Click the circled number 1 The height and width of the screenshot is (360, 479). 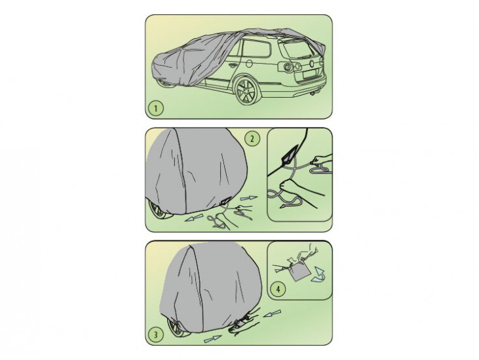click(x=156, y=108)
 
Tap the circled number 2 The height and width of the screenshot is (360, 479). click(x=252, y=139)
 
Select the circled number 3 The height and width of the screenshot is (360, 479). click(x=155, y=334)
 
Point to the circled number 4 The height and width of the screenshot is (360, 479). click(x=278, y=289)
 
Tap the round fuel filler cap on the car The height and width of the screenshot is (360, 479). click(x=249, y=64)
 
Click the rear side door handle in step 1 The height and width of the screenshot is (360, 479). click(x=233, y=66)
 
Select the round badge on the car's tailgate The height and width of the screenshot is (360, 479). click(x=312, y=64)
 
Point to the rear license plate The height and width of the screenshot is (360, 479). click(x=310, y=75)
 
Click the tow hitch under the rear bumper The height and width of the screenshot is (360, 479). click(x=312, y=93)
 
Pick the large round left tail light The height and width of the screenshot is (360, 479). click(x=287, y=67)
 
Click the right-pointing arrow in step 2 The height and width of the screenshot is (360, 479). click(x=248, y=198)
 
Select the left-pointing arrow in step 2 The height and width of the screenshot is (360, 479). click(x=194, y=218)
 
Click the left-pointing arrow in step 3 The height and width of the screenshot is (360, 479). click(x=272, y=313)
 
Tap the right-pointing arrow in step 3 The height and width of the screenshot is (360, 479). click(x=212, y=338)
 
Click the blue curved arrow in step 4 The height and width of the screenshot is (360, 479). click(x=318, y=274)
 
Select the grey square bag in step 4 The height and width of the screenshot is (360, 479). click(x=298, y=271)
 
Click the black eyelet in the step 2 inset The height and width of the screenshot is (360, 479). click(x=289, y=157)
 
